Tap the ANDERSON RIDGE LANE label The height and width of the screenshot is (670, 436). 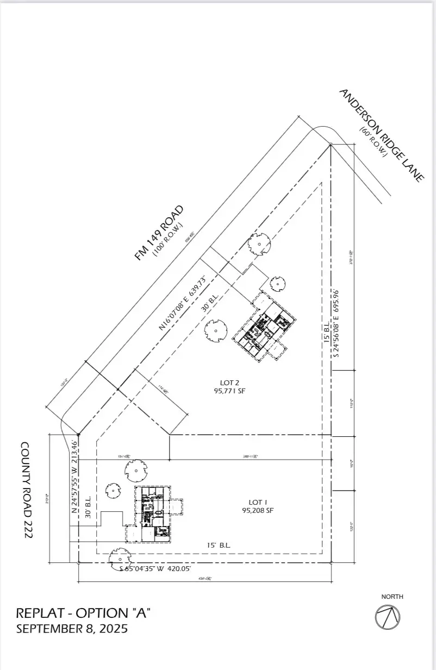pyautogui.click(x=381, y=136)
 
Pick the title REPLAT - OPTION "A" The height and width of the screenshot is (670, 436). pyautogui.click(x=83, y=613)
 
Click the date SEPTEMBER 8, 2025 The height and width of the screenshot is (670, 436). pyautogui.click(x=72, y=629)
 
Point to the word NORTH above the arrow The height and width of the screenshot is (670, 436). pyautogui.click(x=392, y=597)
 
